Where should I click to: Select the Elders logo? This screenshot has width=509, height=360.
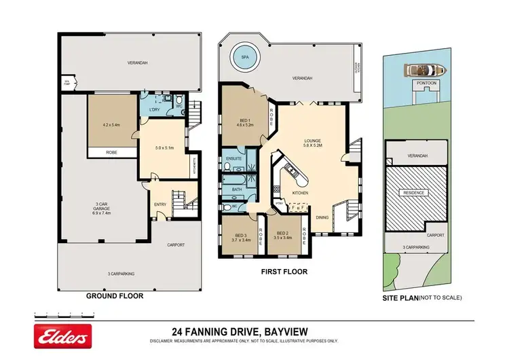click(x=62, y=338)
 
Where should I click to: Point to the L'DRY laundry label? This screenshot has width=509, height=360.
click(x=154, y=109)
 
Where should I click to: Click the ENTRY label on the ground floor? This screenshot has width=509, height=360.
click(x=159, y=203)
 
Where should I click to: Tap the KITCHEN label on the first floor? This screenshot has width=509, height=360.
click(x=301, y=194)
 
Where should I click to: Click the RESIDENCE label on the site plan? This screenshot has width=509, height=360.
click(x=415, y=192)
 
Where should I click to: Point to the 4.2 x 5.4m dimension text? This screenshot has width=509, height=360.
click(x=111, y=124)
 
